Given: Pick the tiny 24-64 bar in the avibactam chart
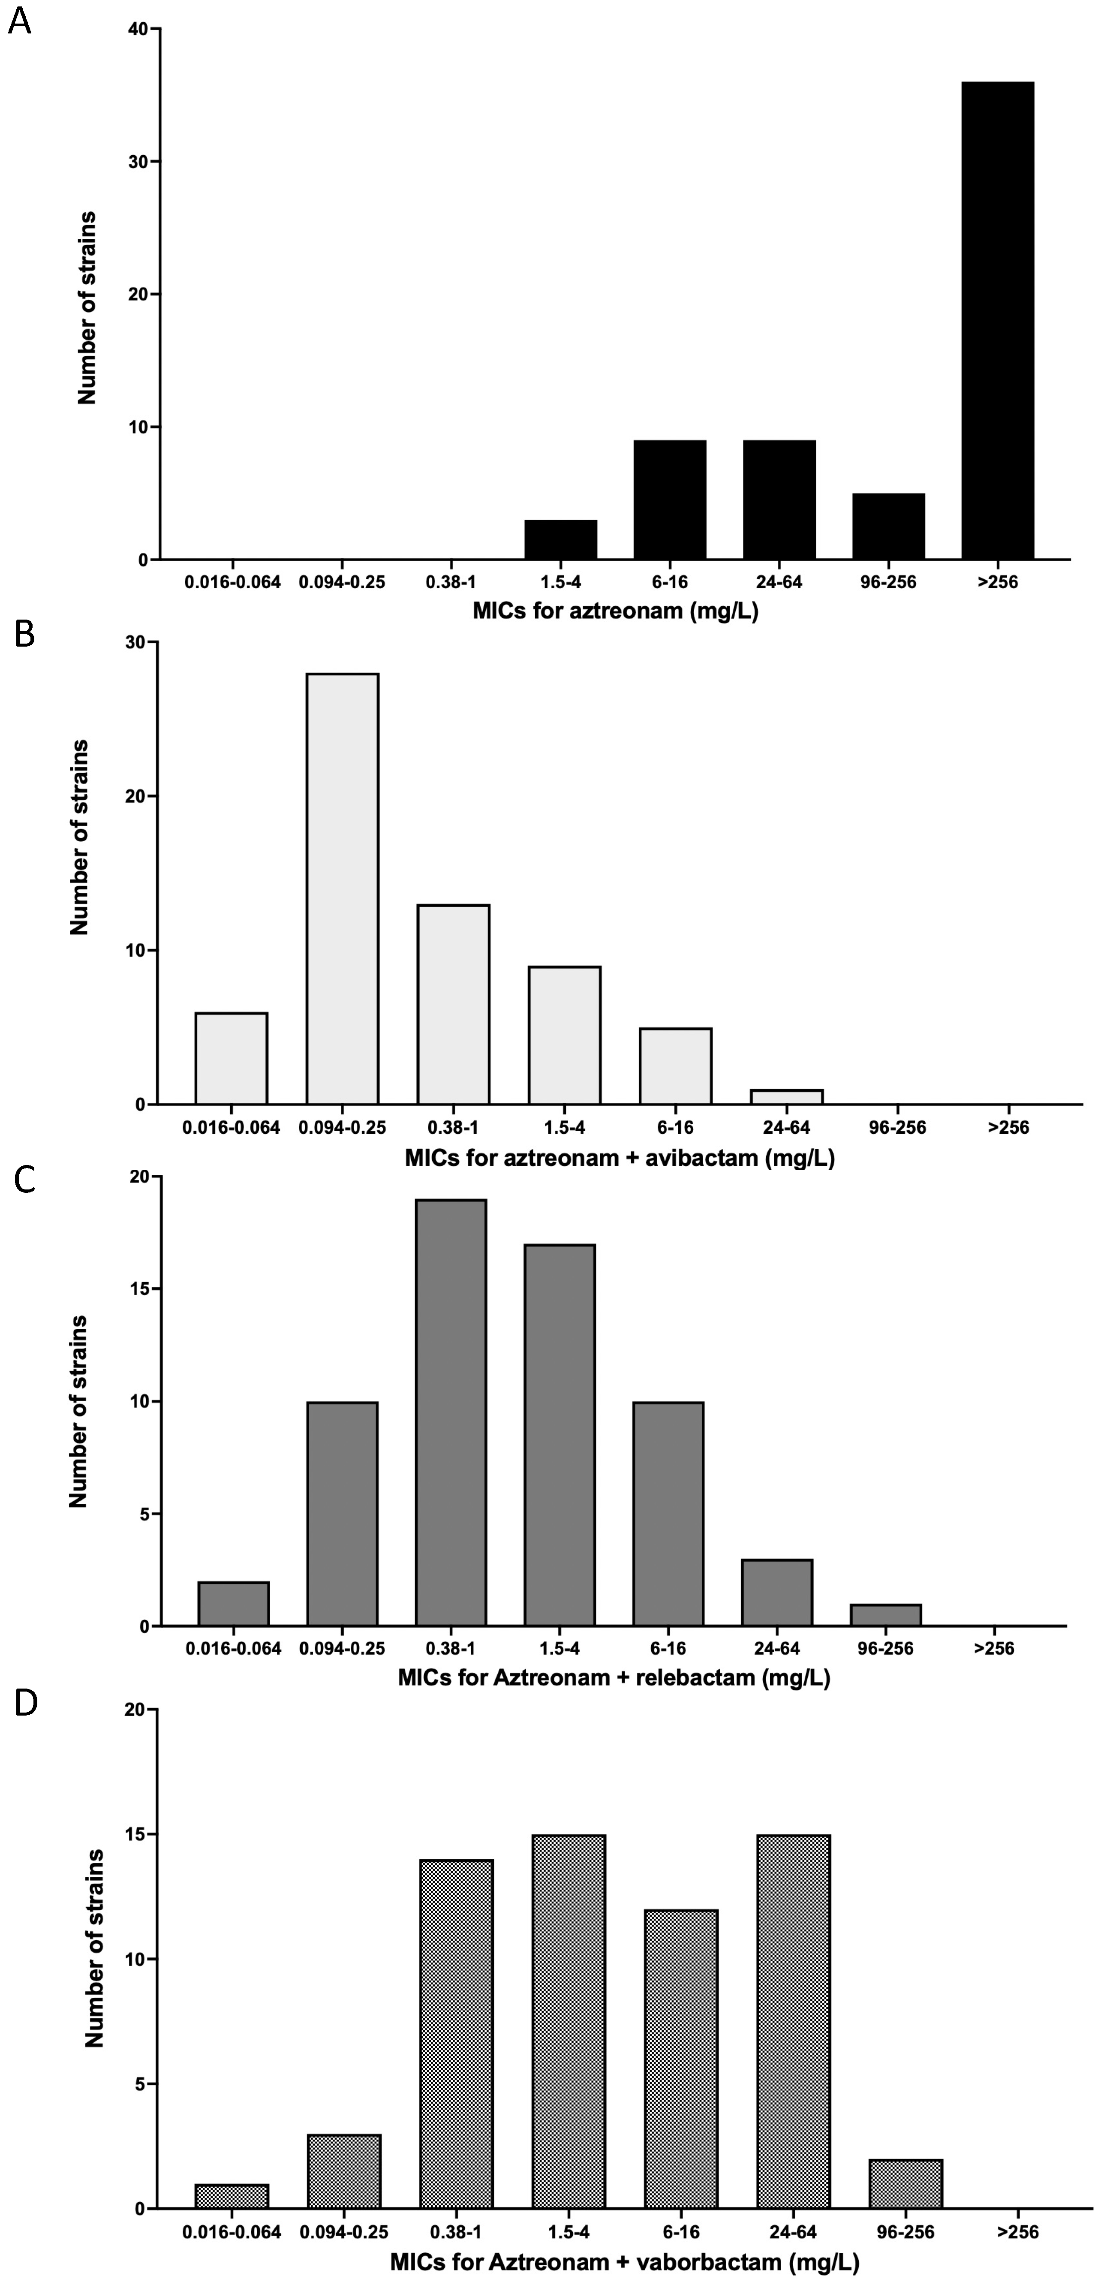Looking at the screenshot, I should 787,1097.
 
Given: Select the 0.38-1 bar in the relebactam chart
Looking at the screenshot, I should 451,1413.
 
